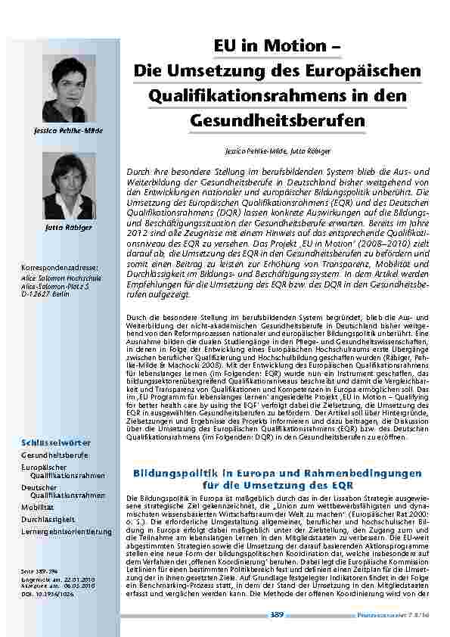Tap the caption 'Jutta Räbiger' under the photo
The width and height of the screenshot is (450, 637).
68,227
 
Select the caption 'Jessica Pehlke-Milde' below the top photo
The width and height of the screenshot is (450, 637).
68,131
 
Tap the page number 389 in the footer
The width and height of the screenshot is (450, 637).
276,616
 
